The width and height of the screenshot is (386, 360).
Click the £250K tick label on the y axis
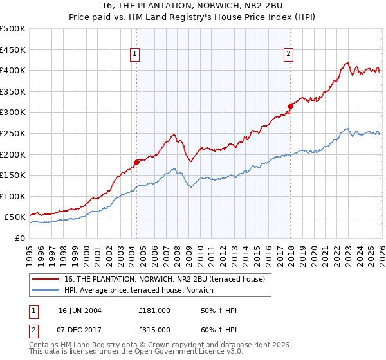click(13, 134)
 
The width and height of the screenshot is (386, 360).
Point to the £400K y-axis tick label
click(13, 71)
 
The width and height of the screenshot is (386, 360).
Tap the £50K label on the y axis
click(15, 217)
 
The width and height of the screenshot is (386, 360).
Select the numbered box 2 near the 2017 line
click(289, 55)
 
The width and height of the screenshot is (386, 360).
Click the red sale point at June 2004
click(136, 162)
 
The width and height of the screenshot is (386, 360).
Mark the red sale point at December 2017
click(290, 106)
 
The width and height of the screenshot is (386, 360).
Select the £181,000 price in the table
click(154, 310)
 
